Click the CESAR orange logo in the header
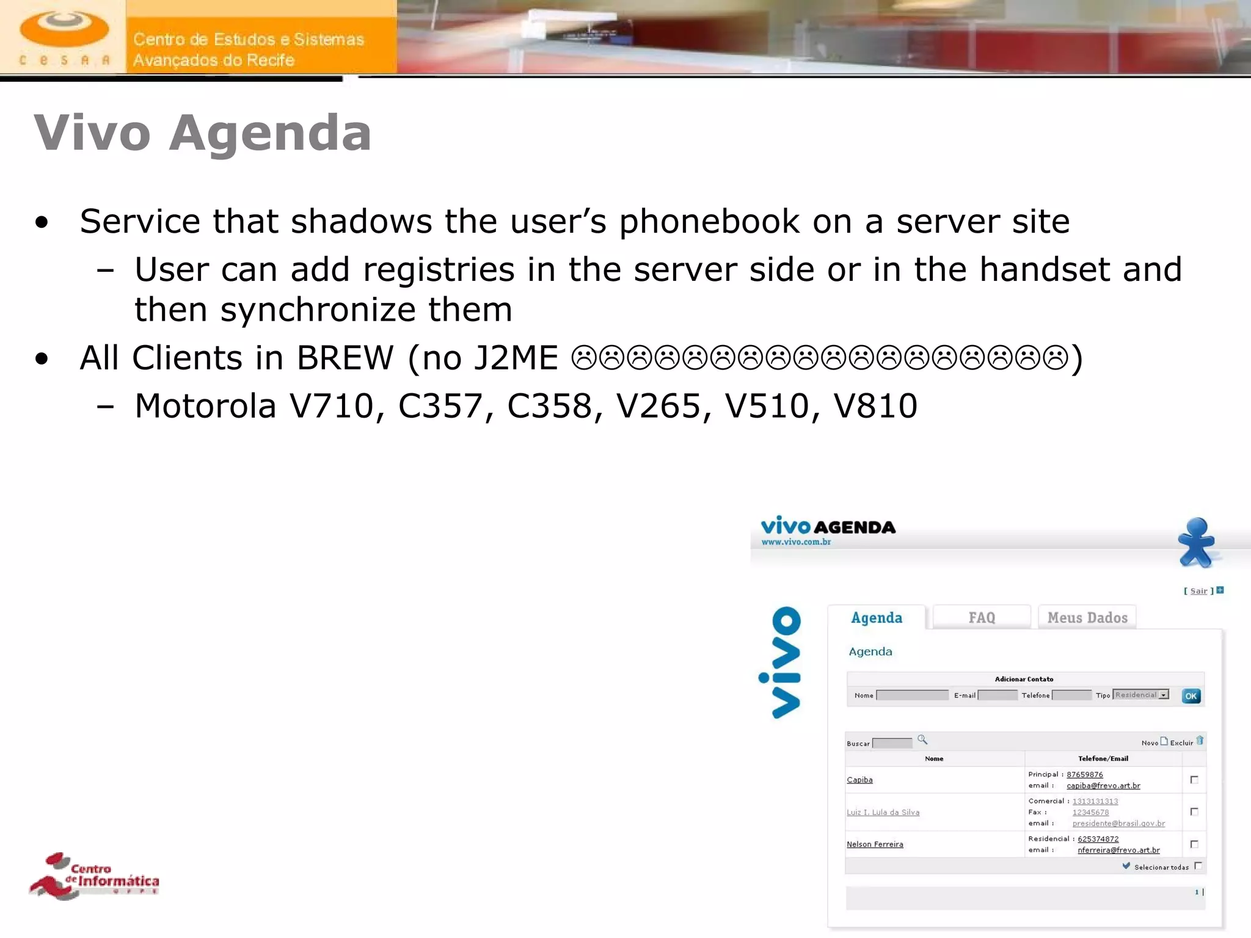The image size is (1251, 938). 64,37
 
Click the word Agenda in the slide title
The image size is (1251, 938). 270,133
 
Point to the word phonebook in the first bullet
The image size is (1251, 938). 709,221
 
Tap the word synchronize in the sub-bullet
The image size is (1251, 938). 318,310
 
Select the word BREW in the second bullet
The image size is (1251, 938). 345,358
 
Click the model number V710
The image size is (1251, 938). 330,406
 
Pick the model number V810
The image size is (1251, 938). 875,406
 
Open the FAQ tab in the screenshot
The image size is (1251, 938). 982,617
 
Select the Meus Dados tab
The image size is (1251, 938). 1087,617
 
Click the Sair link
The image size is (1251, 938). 1198,591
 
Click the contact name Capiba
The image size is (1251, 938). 859,780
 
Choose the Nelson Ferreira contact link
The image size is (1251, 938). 875,845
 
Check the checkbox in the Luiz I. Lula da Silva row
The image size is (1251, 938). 1194,812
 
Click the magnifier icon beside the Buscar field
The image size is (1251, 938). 922,740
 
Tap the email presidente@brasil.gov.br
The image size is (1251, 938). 1118,824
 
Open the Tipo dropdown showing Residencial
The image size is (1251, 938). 1141,695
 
